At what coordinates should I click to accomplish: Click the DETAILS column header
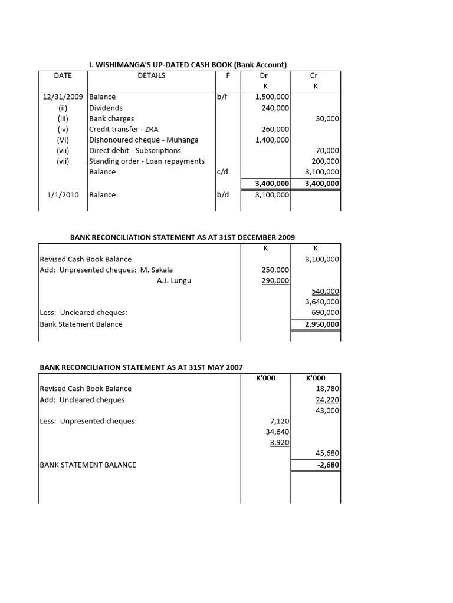152,75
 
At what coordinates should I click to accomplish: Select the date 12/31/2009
63,97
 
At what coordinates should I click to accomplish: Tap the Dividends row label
106,108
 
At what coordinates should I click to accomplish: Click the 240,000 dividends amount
275,108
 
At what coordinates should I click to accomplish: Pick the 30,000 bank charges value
327,118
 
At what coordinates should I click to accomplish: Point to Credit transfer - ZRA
123,129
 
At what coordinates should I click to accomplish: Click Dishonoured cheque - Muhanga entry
143,140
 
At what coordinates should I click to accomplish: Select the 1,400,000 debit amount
272,140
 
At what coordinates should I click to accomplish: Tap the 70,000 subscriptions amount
327,151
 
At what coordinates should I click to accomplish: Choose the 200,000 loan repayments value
325,161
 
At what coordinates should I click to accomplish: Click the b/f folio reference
222,97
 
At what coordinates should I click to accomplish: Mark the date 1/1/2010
63,194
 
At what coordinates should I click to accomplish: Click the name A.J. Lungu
174,281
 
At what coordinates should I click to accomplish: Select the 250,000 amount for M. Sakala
275,270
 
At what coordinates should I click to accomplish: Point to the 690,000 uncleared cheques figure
325,313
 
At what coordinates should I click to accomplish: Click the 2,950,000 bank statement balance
322,324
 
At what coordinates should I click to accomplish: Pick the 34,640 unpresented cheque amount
277,432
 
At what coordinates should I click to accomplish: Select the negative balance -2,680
327,465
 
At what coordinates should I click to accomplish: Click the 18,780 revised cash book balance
327,389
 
